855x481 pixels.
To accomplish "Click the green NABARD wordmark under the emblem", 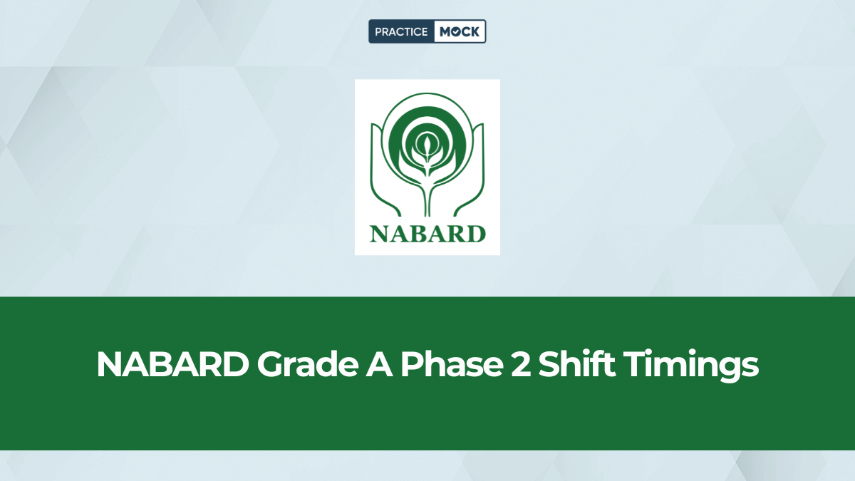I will pos(427,233).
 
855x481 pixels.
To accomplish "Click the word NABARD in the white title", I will pos(171,366).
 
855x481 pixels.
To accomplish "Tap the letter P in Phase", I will pos(410,366).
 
